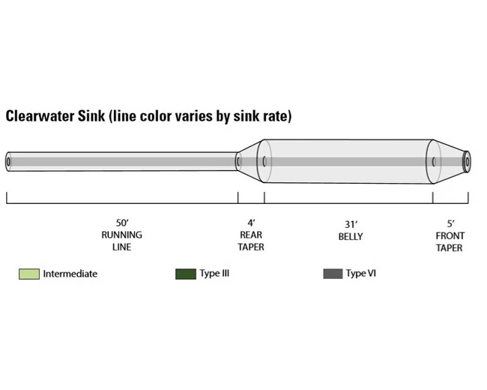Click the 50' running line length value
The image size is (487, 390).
122,223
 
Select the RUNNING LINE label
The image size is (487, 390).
122,241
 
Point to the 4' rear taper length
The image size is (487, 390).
251,223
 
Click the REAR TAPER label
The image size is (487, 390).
251,241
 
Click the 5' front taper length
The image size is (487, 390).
450,223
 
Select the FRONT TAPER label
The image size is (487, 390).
450,241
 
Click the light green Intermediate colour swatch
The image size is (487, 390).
28,274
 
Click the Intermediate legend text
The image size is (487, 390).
70,274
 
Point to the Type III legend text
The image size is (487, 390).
214,274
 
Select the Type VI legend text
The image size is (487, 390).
360,274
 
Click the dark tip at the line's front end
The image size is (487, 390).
467,160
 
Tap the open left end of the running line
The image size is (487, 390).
8,161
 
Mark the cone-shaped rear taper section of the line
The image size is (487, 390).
250,160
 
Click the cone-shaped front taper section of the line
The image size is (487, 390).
449,160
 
